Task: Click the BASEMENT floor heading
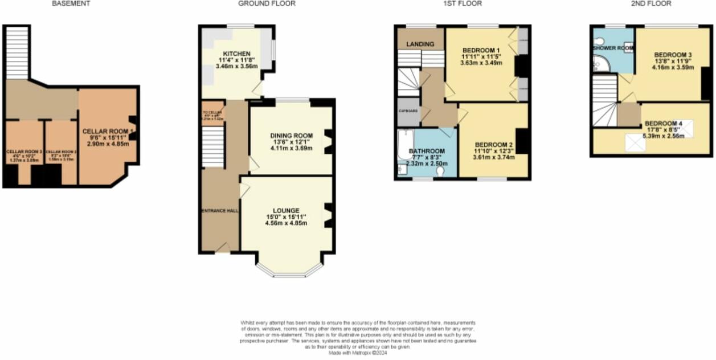[x=71, y=3]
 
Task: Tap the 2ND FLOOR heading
[x=650, y=3]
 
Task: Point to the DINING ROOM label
[x=292, y=136]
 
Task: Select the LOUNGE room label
[x=286, y=211]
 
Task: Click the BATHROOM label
[x=427, y=151]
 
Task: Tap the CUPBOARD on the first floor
[x=408, y=112]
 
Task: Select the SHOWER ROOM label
[x=613, y=48]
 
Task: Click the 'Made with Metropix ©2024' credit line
[x=358, y=353]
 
